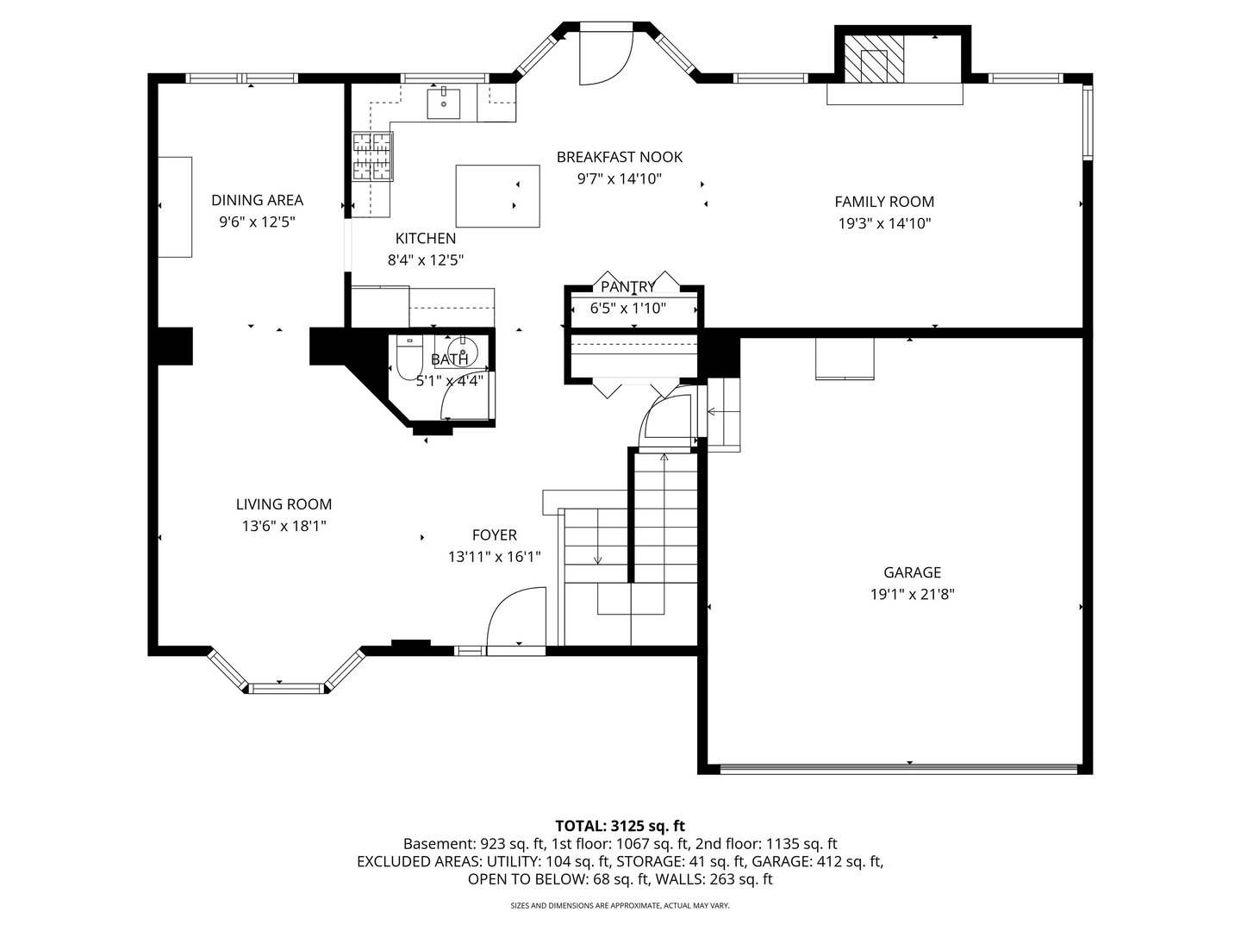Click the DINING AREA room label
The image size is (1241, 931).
point(257,200)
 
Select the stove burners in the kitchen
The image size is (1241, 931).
point(372,156)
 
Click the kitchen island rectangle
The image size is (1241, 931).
point(497,197)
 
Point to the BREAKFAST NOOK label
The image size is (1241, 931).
point(620,157)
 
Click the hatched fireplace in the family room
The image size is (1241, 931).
point(874,59)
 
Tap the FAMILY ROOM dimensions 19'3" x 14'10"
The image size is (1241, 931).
point(884,223)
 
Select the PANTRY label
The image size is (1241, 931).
point(627,286)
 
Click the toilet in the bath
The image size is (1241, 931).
point(409,356)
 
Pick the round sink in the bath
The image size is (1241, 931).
point(463,351)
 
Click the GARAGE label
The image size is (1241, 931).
point(912,572)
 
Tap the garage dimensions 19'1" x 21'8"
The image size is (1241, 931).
point(912,594)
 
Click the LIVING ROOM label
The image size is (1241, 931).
point(284,504)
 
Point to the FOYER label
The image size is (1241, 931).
point(495,534)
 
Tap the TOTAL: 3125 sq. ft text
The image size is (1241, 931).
point(620,826)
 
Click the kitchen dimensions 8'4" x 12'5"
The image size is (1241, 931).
point(425,260)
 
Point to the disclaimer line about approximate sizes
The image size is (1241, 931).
point(620,905)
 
